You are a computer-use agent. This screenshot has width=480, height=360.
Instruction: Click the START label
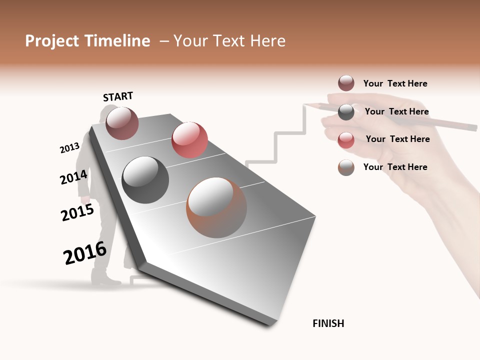[118, 96]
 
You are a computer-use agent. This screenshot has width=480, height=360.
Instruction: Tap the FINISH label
[328, 323]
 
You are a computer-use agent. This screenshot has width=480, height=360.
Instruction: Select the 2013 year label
[69, 148]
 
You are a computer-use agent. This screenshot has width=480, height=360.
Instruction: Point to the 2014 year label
[74, 177]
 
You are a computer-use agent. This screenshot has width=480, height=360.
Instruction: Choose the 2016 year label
[85, 253]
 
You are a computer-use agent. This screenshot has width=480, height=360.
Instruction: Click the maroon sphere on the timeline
[122, 123]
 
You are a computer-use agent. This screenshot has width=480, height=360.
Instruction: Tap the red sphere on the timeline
[189, 139]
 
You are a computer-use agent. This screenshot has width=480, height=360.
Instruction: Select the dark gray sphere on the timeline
[145, 180]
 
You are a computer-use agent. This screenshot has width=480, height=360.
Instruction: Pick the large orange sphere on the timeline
[216, 207]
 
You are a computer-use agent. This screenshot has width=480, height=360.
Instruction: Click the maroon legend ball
[346, 83]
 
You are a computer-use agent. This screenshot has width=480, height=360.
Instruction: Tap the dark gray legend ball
[346, 111]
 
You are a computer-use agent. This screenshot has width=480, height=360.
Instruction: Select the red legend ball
[346, 139]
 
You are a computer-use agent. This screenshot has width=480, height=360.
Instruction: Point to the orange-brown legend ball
[346, 167]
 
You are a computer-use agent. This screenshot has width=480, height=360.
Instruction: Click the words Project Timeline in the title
[87, 41]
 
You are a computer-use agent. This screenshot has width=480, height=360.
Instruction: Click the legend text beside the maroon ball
[395, 83]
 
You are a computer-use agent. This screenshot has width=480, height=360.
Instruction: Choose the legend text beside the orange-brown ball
[395, 167]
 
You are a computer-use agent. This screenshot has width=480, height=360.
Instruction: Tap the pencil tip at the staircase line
[304, 104]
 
